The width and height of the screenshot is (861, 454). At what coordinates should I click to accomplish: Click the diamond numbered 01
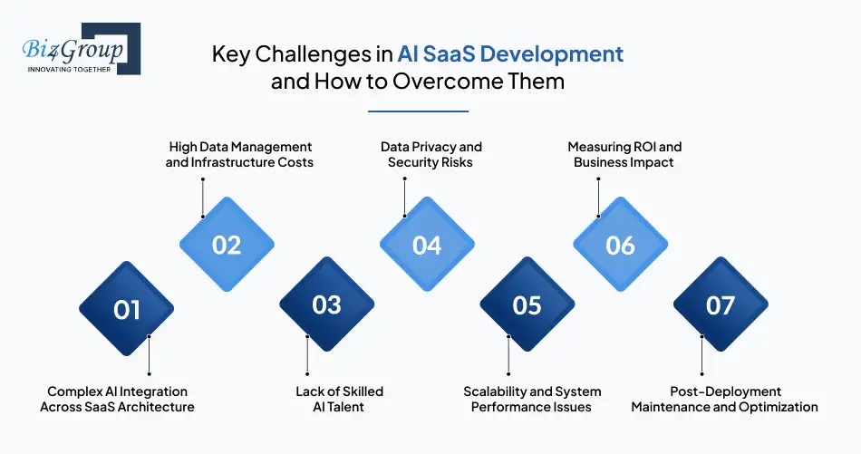(127, 310)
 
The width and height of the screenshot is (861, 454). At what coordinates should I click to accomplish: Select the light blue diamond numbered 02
(227, 245)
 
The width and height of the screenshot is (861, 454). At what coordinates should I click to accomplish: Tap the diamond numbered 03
(326, 304)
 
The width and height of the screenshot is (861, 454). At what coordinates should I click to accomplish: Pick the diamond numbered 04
(427, 245)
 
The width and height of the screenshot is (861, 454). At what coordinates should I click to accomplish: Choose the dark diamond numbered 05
(527, 304)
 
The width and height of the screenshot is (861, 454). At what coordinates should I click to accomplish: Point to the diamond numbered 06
(621, 245)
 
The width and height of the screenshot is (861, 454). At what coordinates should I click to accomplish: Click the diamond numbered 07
(721, 304)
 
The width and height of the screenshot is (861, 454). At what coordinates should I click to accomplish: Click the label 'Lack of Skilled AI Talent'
(339, 399)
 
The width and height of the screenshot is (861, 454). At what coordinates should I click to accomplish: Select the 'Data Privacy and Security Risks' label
(430, 154)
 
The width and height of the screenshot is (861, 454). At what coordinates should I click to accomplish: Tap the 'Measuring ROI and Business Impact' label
(624, 154)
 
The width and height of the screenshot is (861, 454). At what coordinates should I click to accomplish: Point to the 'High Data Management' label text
(240, 147)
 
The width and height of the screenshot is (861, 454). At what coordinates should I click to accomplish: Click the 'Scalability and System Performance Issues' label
(532, 399)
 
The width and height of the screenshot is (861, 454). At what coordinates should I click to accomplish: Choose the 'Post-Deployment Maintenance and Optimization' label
(724, 399)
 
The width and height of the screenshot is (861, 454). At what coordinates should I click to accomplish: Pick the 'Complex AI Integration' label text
(117, 391)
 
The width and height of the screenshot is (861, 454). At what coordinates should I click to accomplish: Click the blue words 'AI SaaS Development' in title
(510, 53)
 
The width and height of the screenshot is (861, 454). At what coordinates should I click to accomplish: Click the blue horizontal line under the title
(418, 111)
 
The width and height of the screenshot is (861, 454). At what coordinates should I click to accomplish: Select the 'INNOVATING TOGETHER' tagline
(69, 68)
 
